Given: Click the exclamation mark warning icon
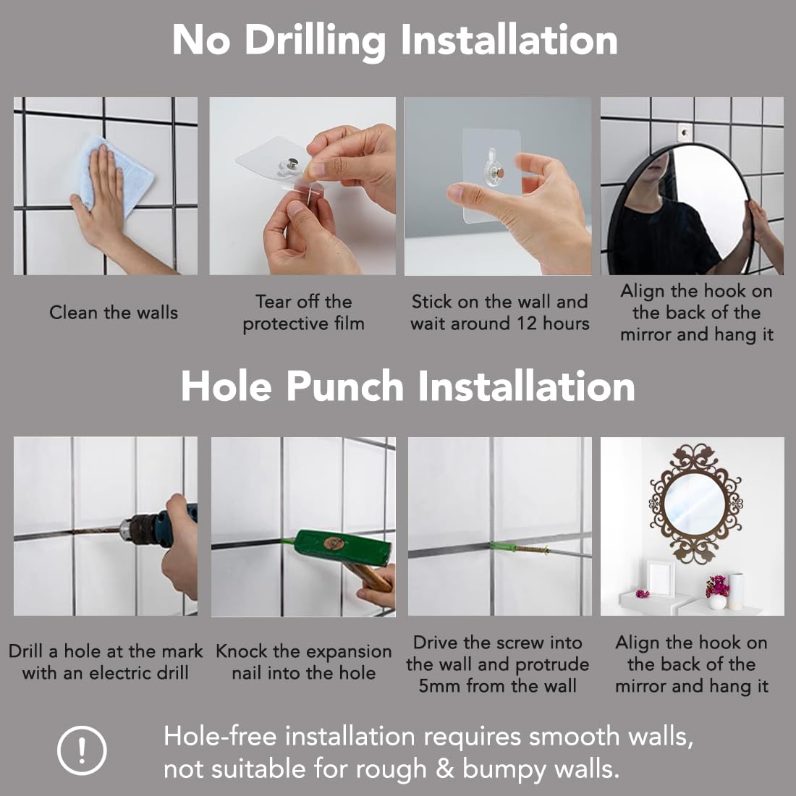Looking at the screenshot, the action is point(82,750).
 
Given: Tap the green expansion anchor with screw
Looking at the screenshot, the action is point(519,548).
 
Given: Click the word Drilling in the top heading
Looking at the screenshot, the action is point(316,41).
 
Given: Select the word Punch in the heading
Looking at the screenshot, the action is point(344,387).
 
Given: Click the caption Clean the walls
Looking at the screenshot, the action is point(114,312).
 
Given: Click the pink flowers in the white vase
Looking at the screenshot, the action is point(717,586).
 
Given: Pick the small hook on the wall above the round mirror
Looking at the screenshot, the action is point(685,132).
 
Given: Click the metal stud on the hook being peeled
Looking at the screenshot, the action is point(292,164).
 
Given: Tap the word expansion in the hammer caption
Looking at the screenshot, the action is point(344,652).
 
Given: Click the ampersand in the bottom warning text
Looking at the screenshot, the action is point(444,769).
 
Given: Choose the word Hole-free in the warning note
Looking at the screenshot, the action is point(221,737).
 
